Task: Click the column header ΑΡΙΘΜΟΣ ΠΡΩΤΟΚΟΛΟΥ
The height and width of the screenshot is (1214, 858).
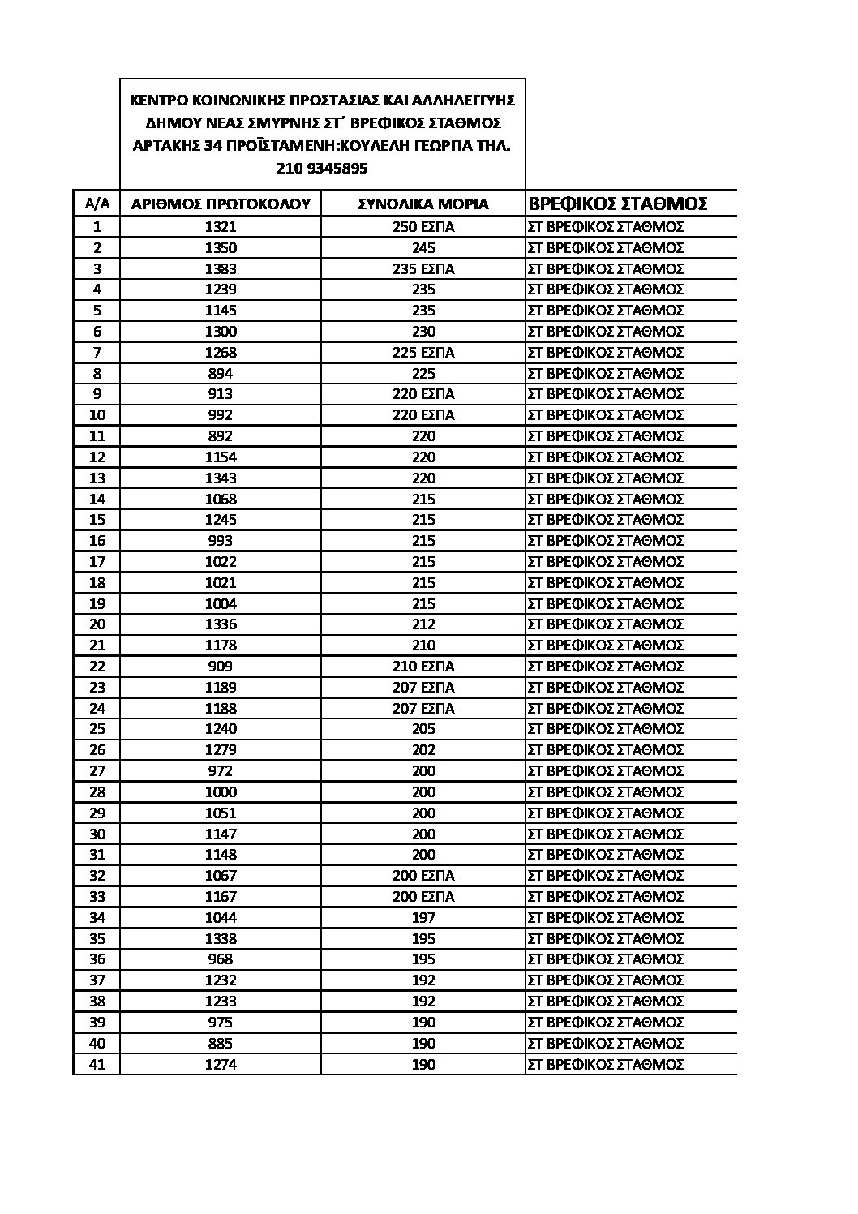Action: [x=221, y=204]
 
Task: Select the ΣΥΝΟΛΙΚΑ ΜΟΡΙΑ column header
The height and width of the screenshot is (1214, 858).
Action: [x=423, y=204]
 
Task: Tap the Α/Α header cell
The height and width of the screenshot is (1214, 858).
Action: [x=97, y=204]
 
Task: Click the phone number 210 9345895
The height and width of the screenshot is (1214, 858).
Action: [x=323, y=169]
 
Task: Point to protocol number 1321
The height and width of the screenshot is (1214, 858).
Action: [x=221, y=227]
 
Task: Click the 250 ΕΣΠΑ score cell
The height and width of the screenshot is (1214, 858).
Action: [x=423, y=227]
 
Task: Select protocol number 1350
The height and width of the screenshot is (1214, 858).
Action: [x=221, y=248]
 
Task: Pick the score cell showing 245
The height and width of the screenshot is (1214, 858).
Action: [x=423, y=248]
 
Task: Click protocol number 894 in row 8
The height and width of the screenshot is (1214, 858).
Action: [x=221, y=373]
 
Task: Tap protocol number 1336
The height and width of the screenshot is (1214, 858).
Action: [x=221, y=624]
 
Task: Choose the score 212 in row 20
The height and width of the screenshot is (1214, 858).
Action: [x=423, y=624]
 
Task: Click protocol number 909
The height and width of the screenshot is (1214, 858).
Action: [x=221, y=667]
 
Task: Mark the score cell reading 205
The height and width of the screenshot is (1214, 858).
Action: [x=423, y=729]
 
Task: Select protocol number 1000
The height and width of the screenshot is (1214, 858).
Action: [x=221, y=792]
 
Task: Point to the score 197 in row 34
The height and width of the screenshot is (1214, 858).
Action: [x=423, y=917]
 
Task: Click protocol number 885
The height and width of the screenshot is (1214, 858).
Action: [x=221, y=1043]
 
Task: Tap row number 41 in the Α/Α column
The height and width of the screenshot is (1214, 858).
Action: [x=97, y=1064]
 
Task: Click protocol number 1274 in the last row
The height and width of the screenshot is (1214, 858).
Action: [x=221, y=1064]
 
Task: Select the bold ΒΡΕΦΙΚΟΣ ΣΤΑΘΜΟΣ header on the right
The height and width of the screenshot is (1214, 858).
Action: [x=618, y=203]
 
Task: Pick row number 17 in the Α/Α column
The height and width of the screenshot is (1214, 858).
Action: [x=97, y=561]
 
